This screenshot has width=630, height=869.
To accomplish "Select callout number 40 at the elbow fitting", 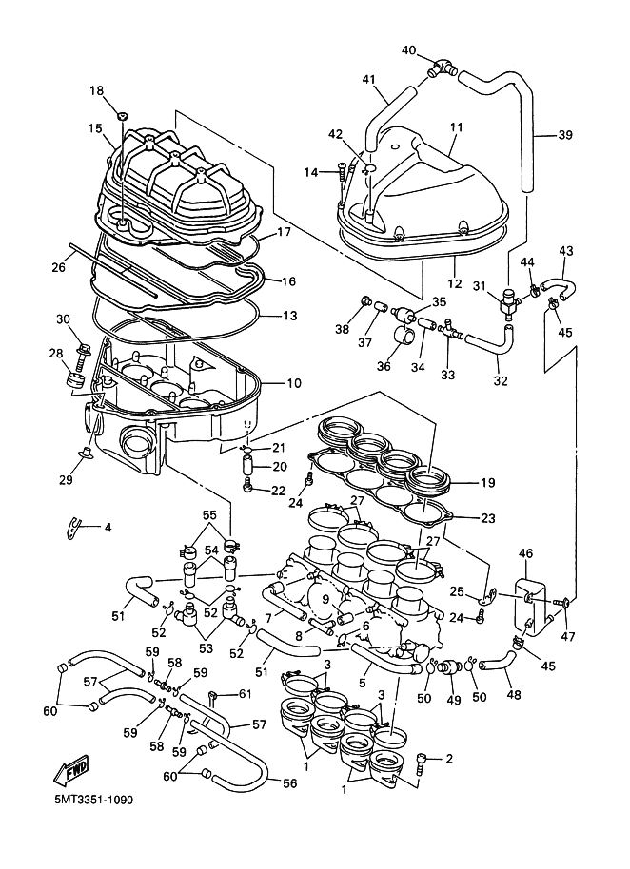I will point(409,50).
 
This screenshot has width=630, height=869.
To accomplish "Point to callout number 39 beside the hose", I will point(564,135).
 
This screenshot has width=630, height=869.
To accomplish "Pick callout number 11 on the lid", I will point(456,126).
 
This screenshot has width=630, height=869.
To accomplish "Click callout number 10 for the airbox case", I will point(293,383).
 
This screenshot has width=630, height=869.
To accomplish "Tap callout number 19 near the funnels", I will point(487,483).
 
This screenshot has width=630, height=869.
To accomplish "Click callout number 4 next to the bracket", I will point(108,527).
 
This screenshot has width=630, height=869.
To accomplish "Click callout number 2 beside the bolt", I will point(448,758).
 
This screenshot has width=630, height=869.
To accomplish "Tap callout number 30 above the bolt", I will point(64,319).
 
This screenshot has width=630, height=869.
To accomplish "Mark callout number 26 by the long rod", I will point(58,267).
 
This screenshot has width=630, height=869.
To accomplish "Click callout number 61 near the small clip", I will point(246,693).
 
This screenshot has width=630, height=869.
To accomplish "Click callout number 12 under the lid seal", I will point(456,283).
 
